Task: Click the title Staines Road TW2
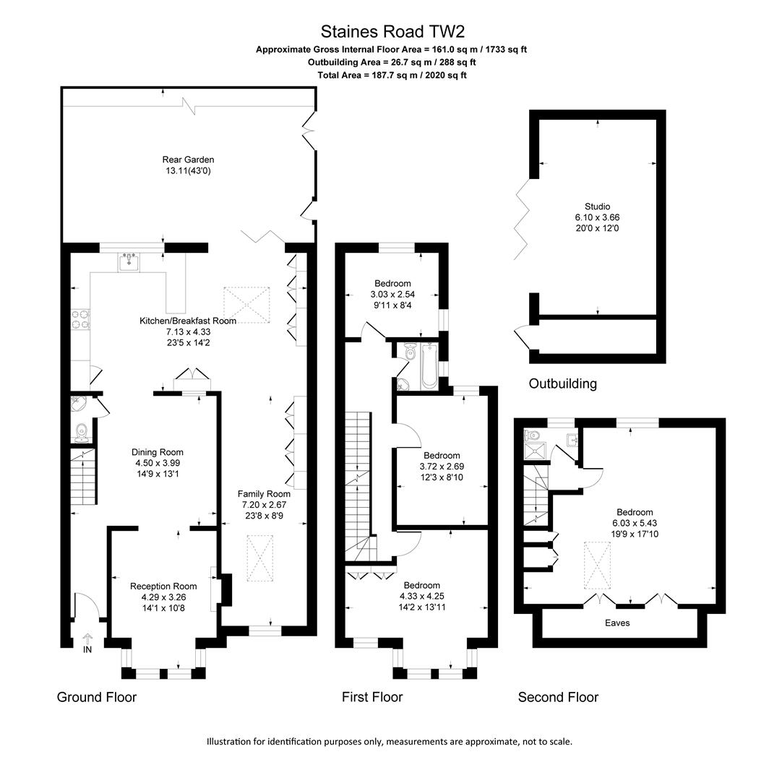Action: [392, 31]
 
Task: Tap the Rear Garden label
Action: [188, 160]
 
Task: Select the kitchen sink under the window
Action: [129, 261]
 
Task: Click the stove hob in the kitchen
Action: [80, 319]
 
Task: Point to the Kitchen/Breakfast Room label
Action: [188, 321]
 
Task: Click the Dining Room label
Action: [157, 453]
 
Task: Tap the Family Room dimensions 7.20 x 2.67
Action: [264, 505]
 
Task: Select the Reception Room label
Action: [163, 586]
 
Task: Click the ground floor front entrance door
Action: [84, 605]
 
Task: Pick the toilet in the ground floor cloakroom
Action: [82, 431]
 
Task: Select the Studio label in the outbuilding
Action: [597, 207]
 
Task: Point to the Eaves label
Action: [617, 623]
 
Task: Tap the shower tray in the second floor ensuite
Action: [532, 451]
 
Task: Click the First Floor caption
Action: [371, 697]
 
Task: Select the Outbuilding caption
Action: [562, 383]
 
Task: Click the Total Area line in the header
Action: [391, 75]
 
